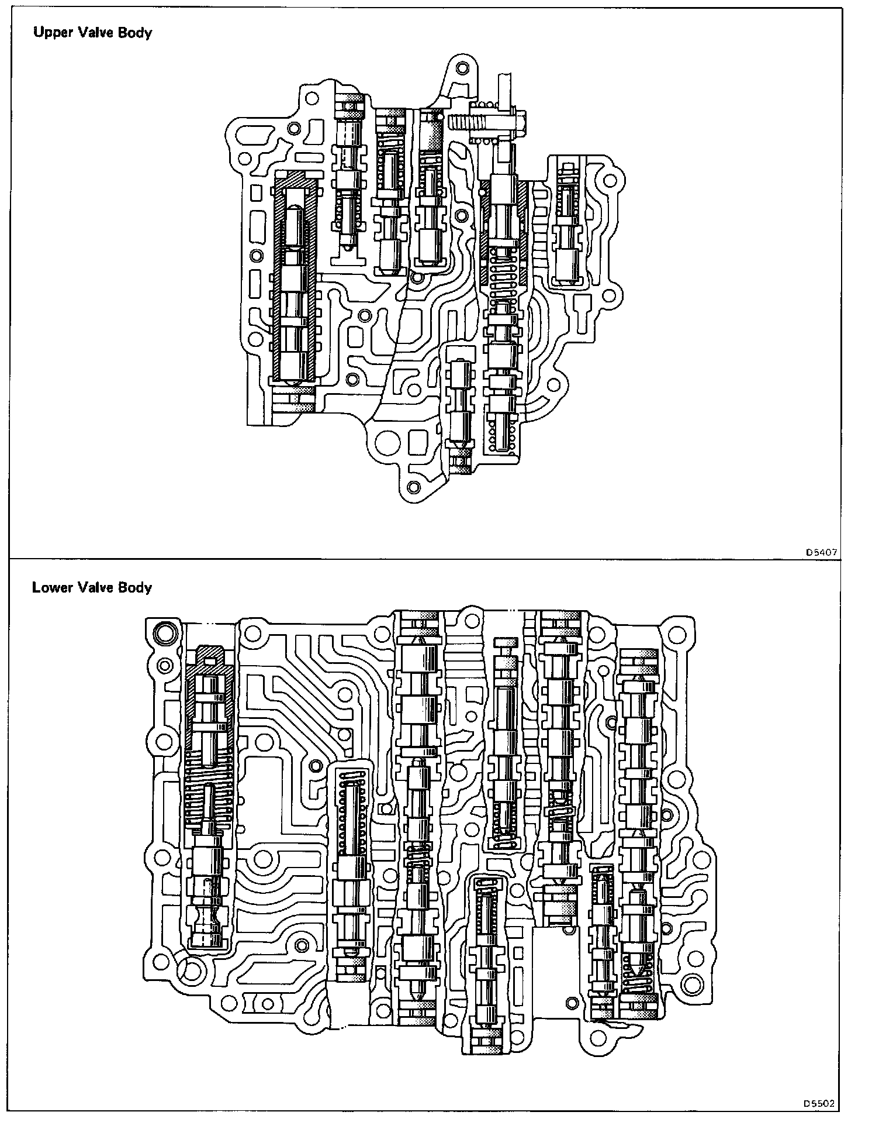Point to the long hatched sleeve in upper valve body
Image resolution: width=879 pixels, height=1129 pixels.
tap(295, 278)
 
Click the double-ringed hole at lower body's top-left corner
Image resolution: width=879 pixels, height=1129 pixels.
tap(164, 633)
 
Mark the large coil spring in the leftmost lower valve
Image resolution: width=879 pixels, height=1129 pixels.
tap(209, 798)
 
